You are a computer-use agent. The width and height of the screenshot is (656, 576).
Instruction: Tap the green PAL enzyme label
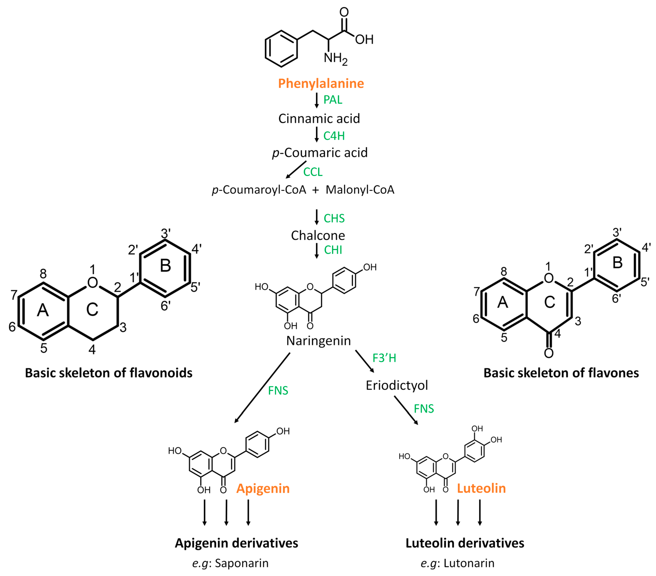[x=333, y=100]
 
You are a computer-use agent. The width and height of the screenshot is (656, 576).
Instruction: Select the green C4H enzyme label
[x=334, y=136]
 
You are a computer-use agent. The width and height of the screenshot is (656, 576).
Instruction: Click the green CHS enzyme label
[x=334, y=218]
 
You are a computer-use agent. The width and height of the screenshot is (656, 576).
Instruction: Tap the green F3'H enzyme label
[x=384, y=358]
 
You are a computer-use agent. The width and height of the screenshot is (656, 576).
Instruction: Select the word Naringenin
[x=318, y=341]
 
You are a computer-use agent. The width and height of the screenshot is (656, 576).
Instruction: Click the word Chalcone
[x=318, y=235]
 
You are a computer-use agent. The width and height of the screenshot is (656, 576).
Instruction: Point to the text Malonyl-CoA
[x=360, y=190]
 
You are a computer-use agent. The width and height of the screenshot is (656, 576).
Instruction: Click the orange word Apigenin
[x=263, y=488]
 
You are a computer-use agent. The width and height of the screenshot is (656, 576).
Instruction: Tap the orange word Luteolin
[x=481, y=488]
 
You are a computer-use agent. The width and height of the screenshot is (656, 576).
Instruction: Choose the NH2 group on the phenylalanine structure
[x=335, y=58]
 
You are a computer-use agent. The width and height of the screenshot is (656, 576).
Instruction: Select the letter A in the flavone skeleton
[x=503, y=302]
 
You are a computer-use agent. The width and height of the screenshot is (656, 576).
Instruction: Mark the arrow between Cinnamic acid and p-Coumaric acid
[x=316, y=134]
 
